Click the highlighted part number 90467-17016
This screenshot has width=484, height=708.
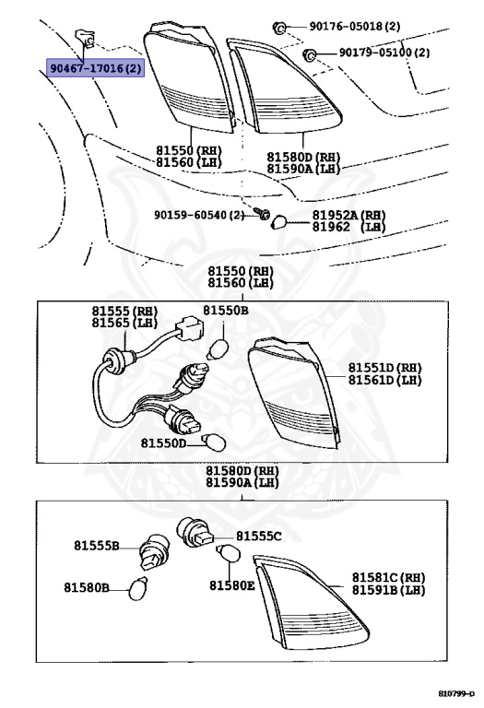coord(95,67)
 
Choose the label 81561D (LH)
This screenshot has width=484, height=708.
coord(384,380)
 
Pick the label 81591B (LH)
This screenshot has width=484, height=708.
coord(388,589)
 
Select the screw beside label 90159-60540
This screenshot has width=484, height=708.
coord(264,217)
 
